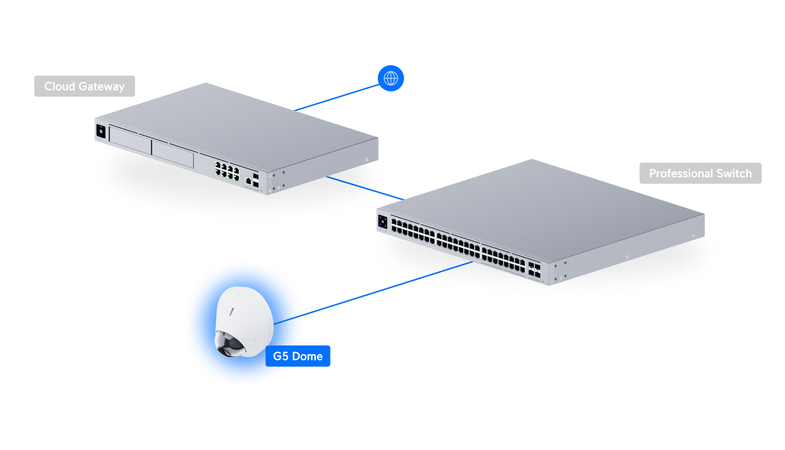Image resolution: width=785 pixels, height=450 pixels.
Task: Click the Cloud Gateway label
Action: point(85,86)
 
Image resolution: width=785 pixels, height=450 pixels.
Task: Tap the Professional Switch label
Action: point(700,173)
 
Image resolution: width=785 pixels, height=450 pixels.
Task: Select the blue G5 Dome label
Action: point(298,356)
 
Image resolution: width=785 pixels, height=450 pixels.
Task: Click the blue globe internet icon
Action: point(391,79)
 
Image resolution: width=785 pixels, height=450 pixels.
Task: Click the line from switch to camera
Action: point(373,293)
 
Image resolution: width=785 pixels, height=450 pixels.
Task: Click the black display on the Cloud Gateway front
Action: point(101,131)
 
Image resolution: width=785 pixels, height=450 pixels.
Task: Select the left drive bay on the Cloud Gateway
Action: point(130,140)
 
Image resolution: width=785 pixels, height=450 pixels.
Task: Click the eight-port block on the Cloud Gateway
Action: point(227,171)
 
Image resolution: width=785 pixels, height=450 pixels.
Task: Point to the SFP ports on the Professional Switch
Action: point(535,270)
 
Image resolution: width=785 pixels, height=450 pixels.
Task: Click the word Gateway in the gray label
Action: point(101,86)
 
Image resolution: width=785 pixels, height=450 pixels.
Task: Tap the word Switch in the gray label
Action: point(734,173)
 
